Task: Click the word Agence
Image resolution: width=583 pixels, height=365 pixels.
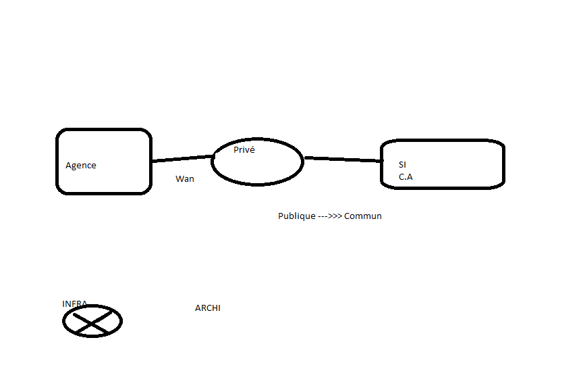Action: (81, 166)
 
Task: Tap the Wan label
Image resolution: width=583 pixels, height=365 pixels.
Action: (185, 179)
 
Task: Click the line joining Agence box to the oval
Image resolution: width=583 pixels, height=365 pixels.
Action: (182, 159)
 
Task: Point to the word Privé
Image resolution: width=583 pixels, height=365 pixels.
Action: (244, 150)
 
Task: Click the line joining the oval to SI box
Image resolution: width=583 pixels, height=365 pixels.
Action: (343, 160)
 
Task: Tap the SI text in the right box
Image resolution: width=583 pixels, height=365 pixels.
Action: (403, 164)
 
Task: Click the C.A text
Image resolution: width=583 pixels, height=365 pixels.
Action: (406, 176)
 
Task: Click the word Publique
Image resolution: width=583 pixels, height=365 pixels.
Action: (297, 216)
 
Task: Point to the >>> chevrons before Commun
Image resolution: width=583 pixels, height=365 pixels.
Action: (335, 216)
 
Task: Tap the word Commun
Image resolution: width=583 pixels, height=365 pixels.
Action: (363, 216)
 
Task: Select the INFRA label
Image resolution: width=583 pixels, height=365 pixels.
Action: (74, 303)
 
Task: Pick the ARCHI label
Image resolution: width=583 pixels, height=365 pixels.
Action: (208, 308)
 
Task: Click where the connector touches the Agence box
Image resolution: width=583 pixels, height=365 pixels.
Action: (152, 161)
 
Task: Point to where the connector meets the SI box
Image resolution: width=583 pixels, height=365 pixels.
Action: (381, 161)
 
